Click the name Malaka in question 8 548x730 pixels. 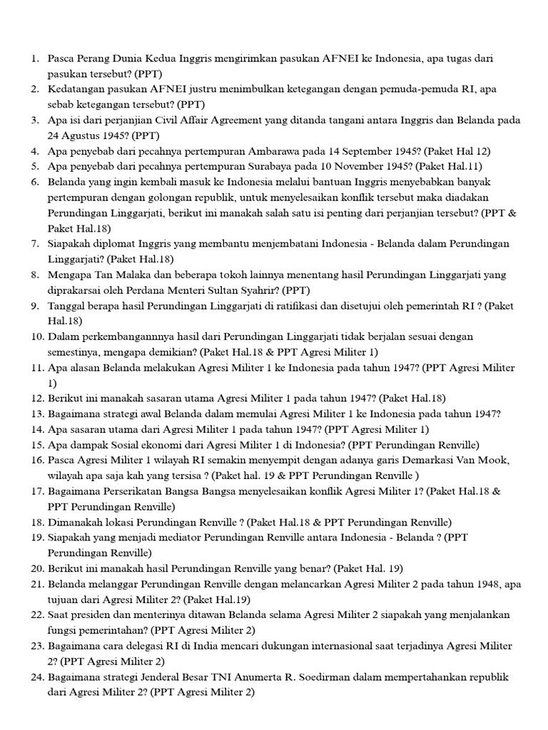point(123,274)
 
